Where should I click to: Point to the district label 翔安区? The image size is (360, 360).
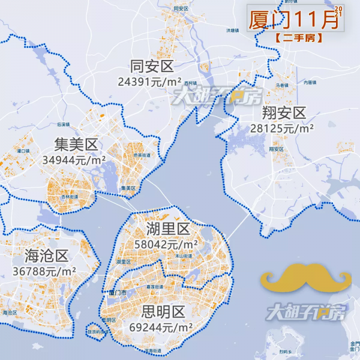click(x=284, y=113)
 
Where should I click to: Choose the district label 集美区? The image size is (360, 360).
click(x=75, y=145)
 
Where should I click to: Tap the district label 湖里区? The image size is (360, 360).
click(x=167, y=229)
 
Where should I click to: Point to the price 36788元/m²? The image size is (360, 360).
click(x=44, y=271)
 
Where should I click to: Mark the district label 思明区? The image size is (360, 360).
click(x=162, y=313)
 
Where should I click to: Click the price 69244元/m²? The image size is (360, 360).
click(x=161, y=328)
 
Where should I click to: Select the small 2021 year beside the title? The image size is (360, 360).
click(x=338, y=11)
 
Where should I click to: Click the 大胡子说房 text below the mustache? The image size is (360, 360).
click(x=307, y=313)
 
